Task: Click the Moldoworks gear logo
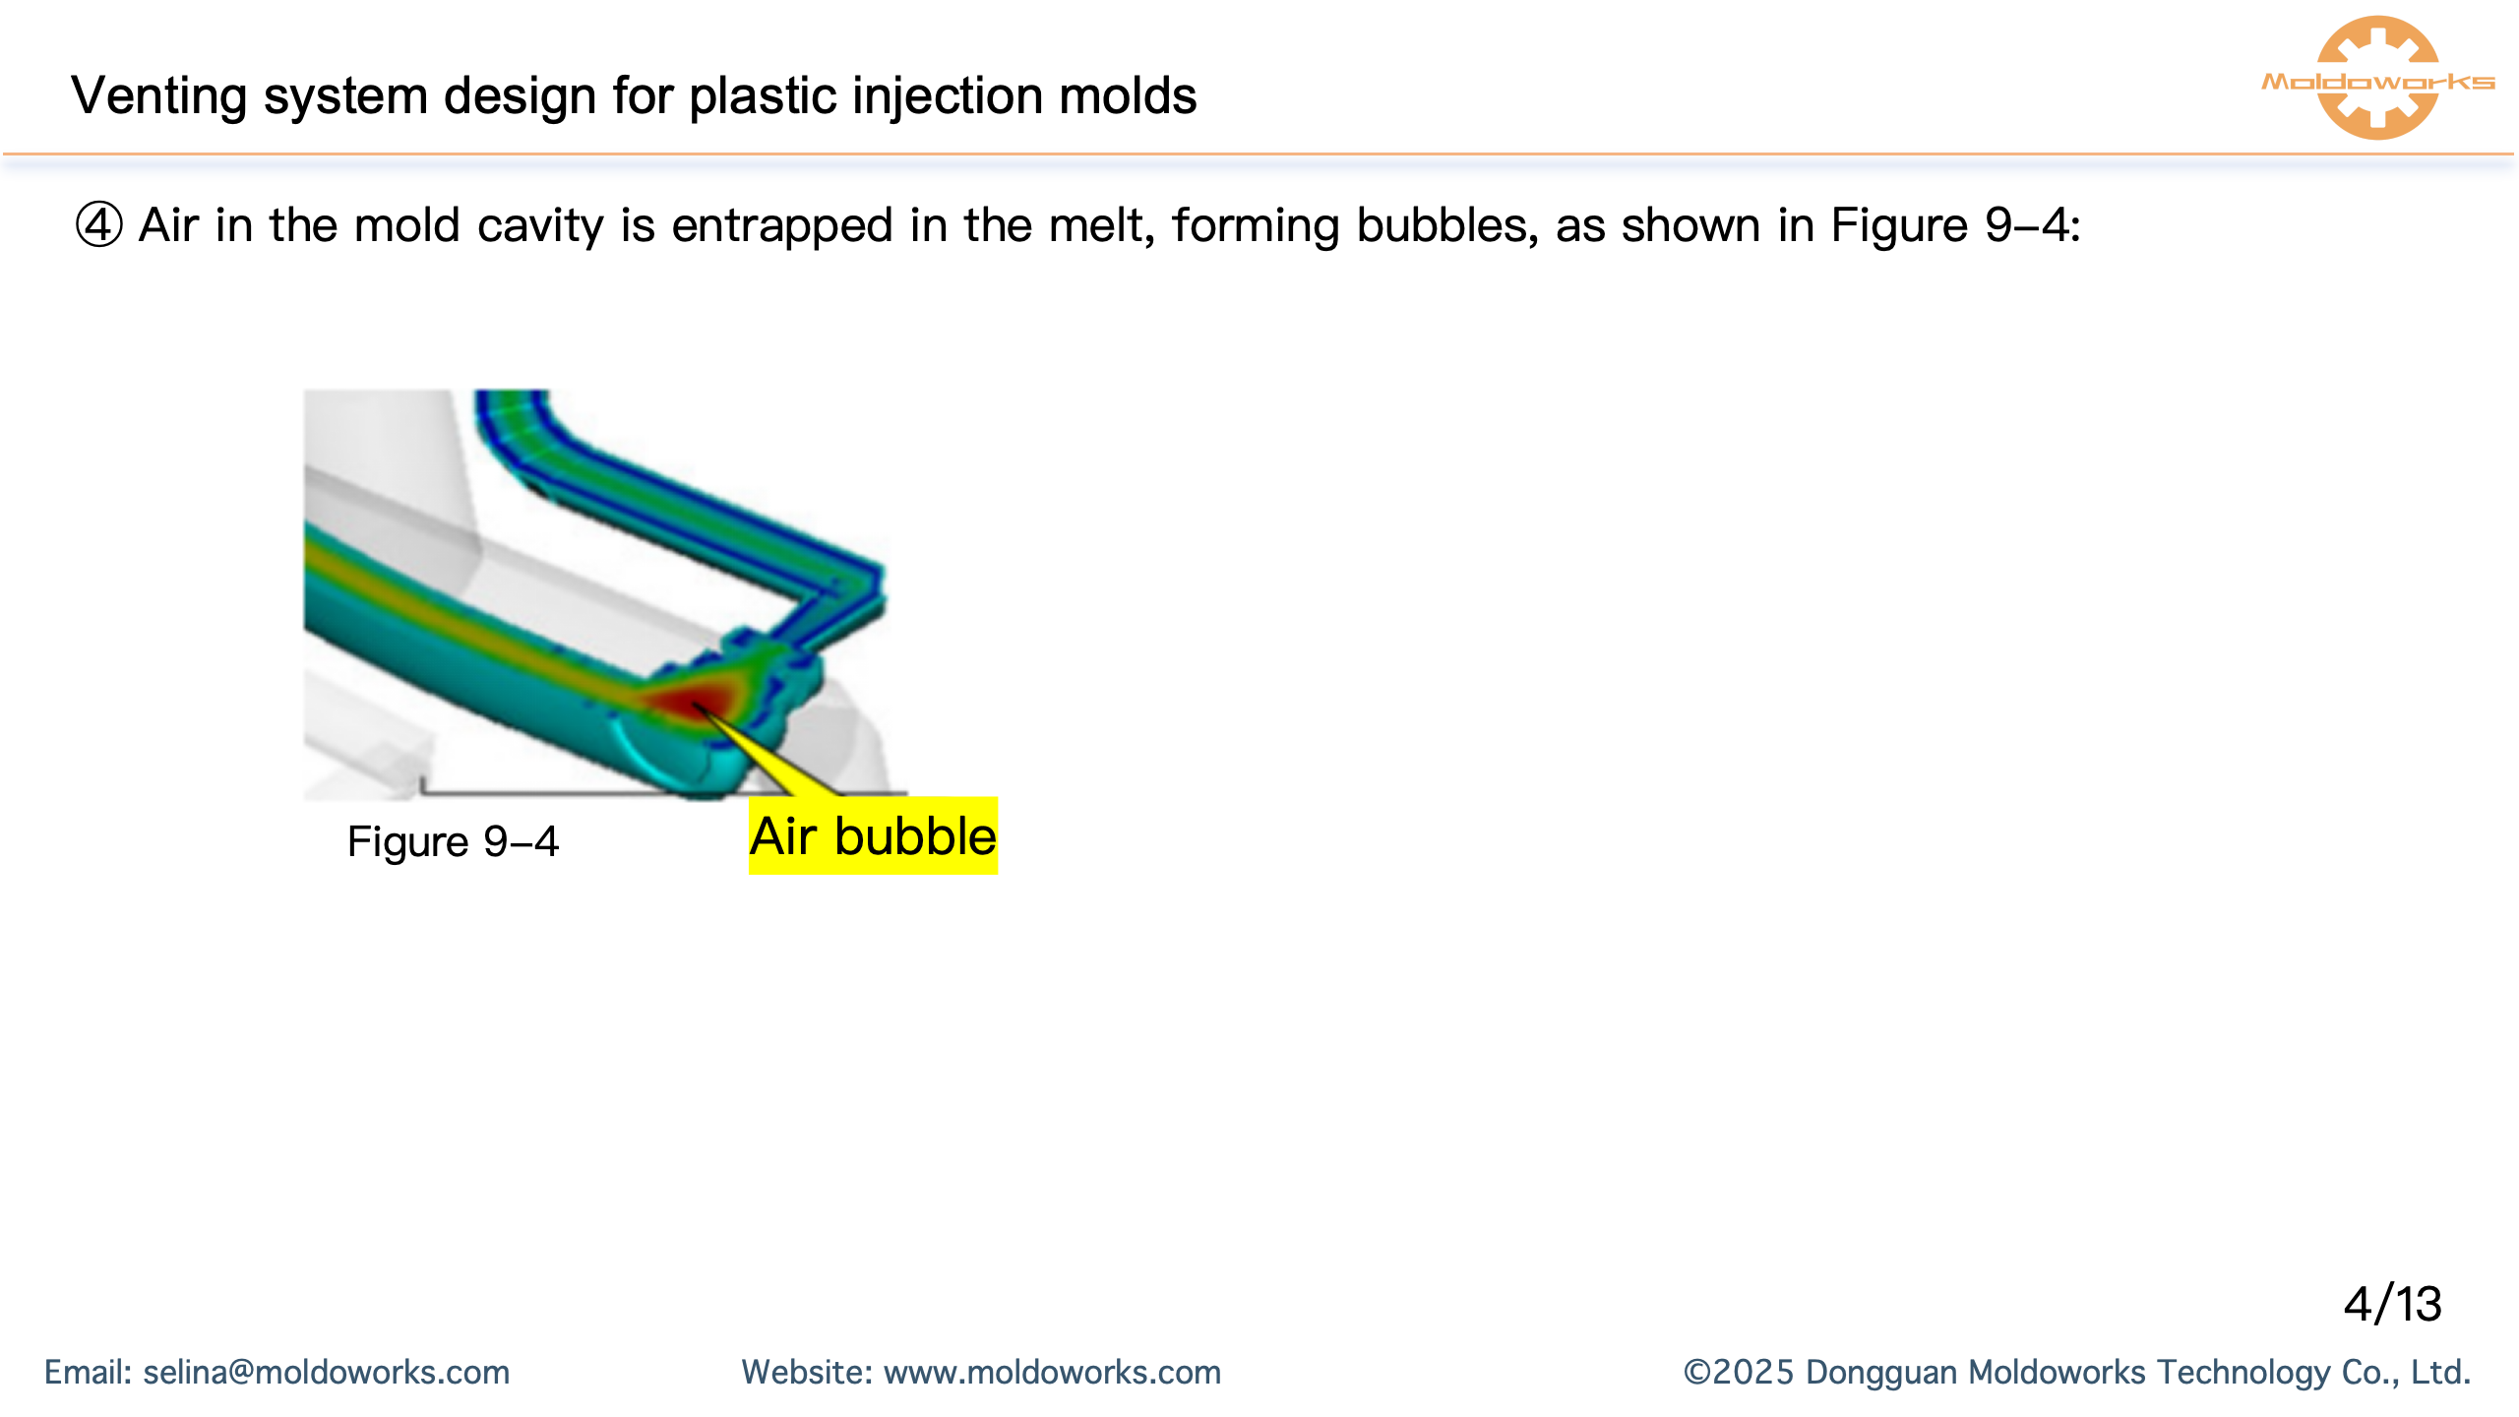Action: click(2377, 79)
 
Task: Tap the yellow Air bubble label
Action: click(873, 836)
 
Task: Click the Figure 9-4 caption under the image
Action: click(453, 842)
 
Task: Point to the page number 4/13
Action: click(2392, 1305)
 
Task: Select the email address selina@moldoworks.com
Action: click(327, 1373)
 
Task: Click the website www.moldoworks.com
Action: click(1052, 1373)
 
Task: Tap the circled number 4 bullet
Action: click(98, 225)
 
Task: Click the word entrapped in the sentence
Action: click(782, 225)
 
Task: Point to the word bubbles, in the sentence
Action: click(1446, 225)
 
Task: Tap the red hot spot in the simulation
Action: click(693, 701)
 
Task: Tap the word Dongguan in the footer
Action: click(1881, 1373)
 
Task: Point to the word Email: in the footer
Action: click(88, 1373)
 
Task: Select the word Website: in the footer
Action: click(807, 1373)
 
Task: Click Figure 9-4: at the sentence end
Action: click(1955, 225)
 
